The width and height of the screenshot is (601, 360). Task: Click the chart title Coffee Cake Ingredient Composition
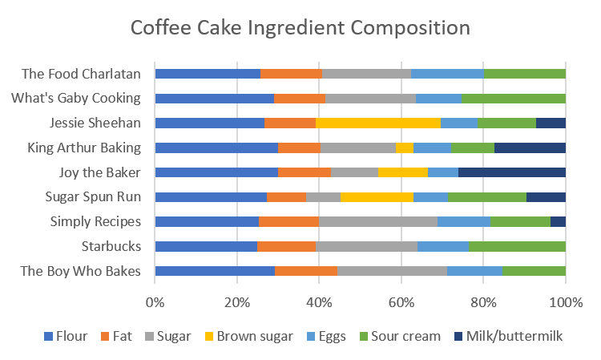[300, 28]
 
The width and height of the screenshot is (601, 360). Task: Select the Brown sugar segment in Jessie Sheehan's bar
[378, 123]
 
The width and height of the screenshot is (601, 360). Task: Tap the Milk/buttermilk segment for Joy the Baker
[512, 172]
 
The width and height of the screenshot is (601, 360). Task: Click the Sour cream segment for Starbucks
[517, 246]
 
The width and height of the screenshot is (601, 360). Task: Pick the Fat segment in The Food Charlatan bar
[291, 74]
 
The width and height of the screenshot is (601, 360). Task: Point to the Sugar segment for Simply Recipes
[378, 221]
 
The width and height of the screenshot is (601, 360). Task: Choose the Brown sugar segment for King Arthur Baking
[405, 148]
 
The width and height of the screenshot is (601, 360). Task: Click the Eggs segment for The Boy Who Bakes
[475, 271]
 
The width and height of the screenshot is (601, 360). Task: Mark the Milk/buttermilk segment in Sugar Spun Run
[546, 197]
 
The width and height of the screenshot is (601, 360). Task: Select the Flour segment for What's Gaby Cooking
[214, 99]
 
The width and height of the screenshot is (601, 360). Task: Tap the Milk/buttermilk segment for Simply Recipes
[558, 221]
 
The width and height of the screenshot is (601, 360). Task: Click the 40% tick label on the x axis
[319, 302]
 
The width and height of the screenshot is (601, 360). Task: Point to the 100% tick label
[566, 302]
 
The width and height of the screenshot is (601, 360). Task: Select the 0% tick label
[155, 302]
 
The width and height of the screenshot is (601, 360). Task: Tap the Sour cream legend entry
[401, 336]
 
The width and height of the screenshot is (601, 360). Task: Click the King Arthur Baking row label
[84, 148]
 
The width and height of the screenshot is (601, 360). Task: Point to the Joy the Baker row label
[100, 172]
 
